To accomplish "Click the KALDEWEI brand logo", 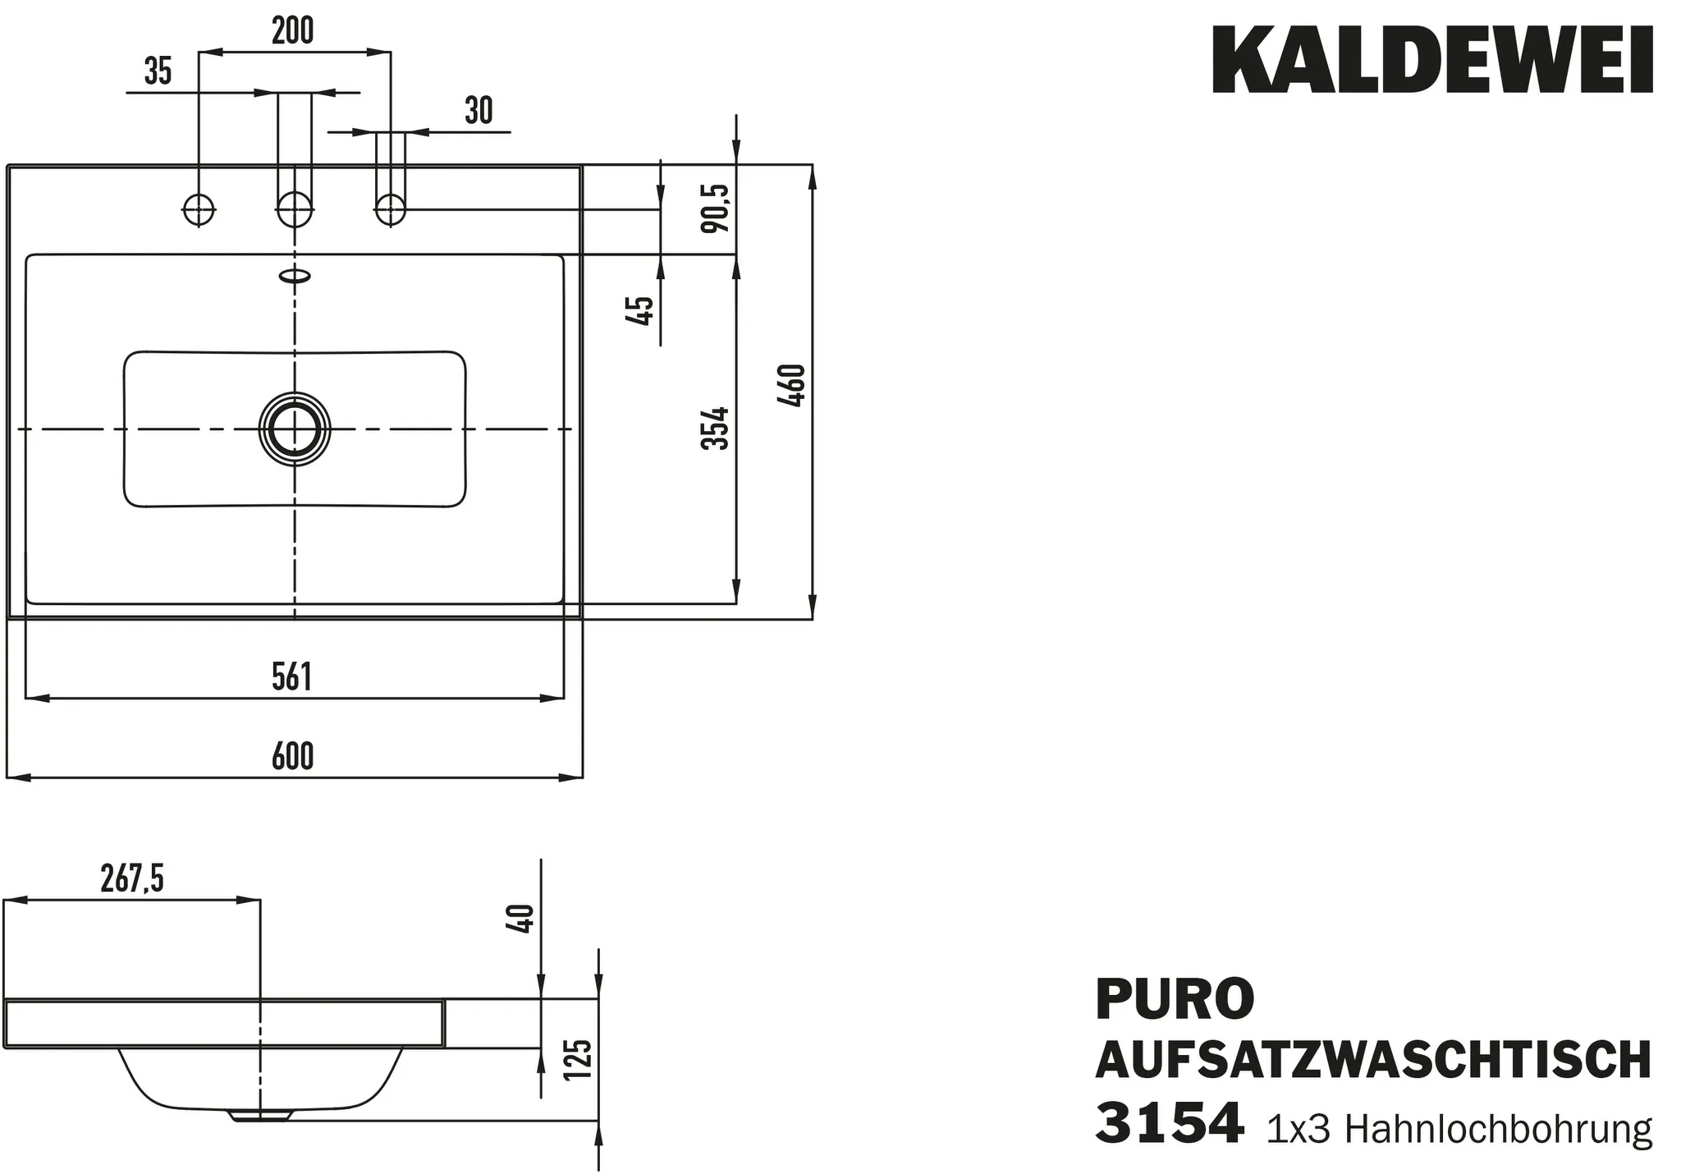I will (x=1432, y=61).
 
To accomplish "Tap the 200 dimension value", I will (x=293, y=31).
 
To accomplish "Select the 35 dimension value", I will (x=158, y=71).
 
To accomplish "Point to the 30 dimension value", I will (x=479, y=111).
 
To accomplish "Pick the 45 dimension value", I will (x=641, y=310).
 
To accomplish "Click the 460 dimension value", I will (x=792, y=386).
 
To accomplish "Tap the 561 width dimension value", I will (x=292, y=677).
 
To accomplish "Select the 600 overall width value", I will (x=293, y=756).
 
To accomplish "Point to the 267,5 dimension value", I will (x=132, y=879).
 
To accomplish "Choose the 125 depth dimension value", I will (x=579, y=1059).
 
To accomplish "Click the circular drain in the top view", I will (x=294, y=429).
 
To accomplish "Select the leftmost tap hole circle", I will (x=198, y=209).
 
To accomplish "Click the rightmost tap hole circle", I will (x=390, y=209).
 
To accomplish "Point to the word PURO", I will (x=1175, y=998).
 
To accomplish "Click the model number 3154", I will (x=1169, y=1124).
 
